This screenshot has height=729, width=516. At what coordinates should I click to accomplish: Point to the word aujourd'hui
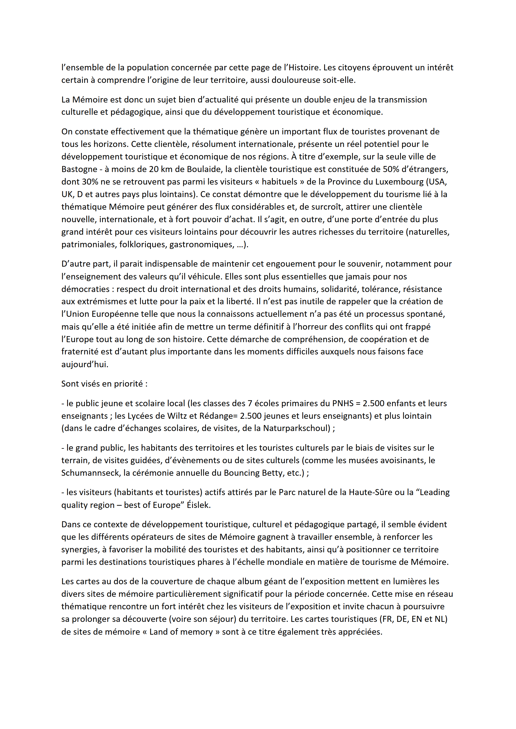85,364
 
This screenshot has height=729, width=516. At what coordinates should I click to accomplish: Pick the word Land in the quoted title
159,632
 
